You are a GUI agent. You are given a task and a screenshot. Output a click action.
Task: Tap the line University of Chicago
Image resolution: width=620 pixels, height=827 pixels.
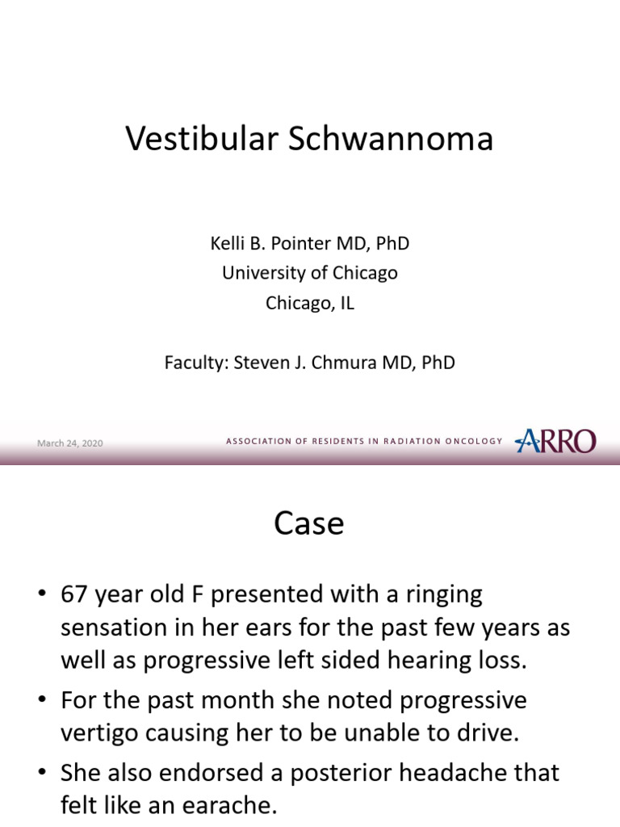click(x=310, y=273)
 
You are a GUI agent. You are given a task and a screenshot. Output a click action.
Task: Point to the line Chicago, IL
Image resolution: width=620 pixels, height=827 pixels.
click(x=310, y=304)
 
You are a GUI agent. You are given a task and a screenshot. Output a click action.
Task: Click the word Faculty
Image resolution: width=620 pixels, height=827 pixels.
click(x=196, y=363)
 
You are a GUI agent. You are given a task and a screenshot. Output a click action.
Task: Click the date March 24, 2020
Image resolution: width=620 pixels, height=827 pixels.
click(x=70, y=443)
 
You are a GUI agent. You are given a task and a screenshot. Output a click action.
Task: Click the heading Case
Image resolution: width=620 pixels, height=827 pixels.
click(x=309, y=524)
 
